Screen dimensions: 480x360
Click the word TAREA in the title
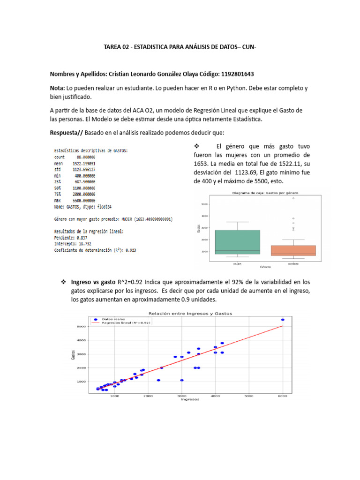(x=112, y=47)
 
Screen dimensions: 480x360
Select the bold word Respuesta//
(x=67, y=133)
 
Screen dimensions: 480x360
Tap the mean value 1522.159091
(x=84, y=164)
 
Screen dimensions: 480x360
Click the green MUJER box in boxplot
(x=237, y=242)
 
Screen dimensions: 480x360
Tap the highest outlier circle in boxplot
(x=294, y=198)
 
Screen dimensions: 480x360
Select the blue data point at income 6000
(x=283, y=320)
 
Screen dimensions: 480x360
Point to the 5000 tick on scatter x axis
(x=249, y=396)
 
